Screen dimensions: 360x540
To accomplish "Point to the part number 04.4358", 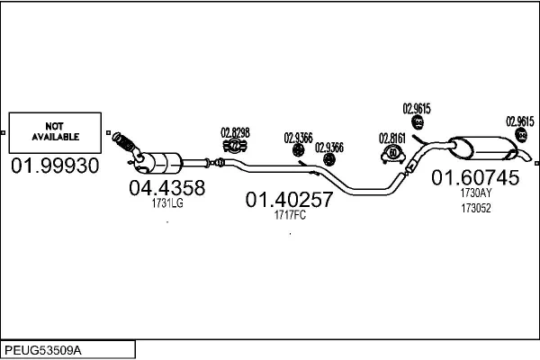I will pyautogui.click(x=166, y=188).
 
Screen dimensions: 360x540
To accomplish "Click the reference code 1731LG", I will pyautogui.click(x=168, y=203).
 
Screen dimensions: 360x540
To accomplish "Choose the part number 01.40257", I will pyautogui.click(x=289, y=200).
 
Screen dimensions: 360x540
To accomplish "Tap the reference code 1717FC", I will pyautogui.click(x=290, y=215).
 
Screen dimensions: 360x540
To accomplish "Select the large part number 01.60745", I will pyautogui.click(x=476, y=177).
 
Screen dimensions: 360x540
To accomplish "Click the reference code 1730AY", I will pyautogui.click(x=476, y=193).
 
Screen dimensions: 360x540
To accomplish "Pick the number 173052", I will pyautogui.click(x=476, y=208).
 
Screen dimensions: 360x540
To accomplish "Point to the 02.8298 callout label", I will pyautogui.click(x=235, y=132).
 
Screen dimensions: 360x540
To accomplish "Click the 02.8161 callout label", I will pyautogui.click(x=392, y=138).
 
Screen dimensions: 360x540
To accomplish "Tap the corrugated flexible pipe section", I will pyautogui.click(x=128, y=144).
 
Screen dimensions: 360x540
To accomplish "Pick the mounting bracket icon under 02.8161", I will pyautogui.click(x=392, y=153).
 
